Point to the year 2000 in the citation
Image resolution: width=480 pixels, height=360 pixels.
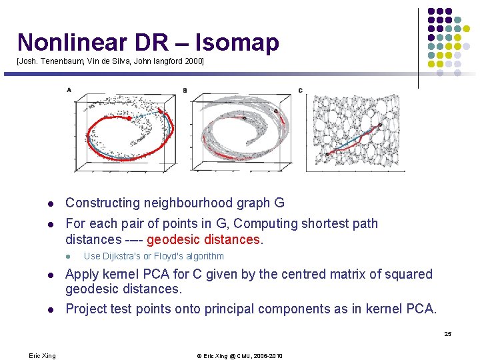pyautogui.click(x=193, y=61)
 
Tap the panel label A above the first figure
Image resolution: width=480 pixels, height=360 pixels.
pyautogui.click(x=69, y=90)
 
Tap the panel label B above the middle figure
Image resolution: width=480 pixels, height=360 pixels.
pyautogui.click(x=185, y=91)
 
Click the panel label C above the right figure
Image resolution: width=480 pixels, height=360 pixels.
pyautogui.click(x=300, y=91)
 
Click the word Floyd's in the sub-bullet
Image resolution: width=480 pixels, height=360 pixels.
pyautogui.click(x=171, y=257)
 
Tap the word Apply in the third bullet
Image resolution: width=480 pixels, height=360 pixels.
pyautogui.click(x=82, y=274)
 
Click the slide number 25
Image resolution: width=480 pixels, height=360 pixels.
pyautogui.click(x=447, y=334)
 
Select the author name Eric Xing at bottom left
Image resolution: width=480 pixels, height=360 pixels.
pyautogui.click(x=43, y=356)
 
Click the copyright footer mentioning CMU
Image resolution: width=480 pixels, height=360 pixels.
pyautogui.click(x=239, y=356)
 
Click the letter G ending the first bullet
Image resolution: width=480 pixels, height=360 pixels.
pyautogui.click(x=279, y=203)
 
